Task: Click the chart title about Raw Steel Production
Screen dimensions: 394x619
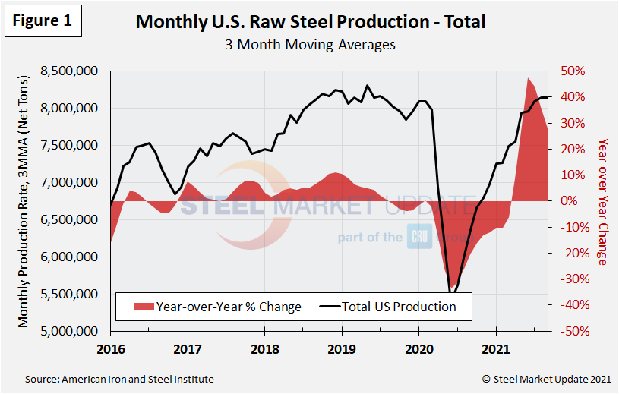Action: [310, 21]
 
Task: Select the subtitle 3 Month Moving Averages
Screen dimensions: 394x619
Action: [310, 44]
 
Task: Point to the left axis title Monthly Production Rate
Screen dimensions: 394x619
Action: [25, 201]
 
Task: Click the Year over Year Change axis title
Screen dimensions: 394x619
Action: [602, 201]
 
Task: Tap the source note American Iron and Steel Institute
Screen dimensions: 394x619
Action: [119, 379]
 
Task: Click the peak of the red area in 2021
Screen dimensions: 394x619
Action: [528, 78]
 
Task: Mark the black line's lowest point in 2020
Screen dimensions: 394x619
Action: [451, 292]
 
